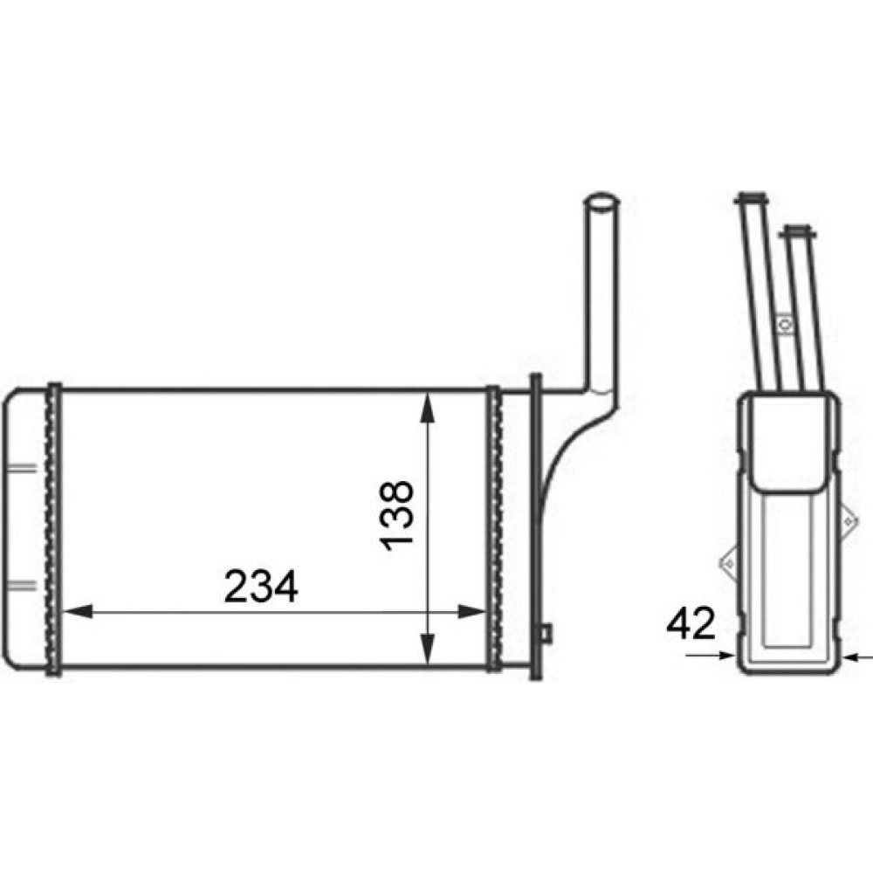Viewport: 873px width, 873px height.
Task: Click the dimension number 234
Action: (x=261, y=587)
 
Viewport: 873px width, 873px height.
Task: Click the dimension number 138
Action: (x=397, y=516)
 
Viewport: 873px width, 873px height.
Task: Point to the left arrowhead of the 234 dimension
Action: (x=78, y=611)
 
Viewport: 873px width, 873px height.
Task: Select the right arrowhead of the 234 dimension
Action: (x=472, y=612)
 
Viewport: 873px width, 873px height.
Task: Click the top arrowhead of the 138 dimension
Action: (x=427, y=408)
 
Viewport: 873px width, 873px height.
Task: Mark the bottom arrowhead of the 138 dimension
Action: (x=427, y=650)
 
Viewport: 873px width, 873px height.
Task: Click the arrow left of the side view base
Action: (x=711, y=656)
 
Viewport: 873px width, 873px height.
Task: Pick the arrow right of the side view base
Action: (x=858, y=657)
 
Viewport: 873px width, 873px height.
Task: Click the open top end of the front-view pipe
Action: (x=601, y=201)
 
